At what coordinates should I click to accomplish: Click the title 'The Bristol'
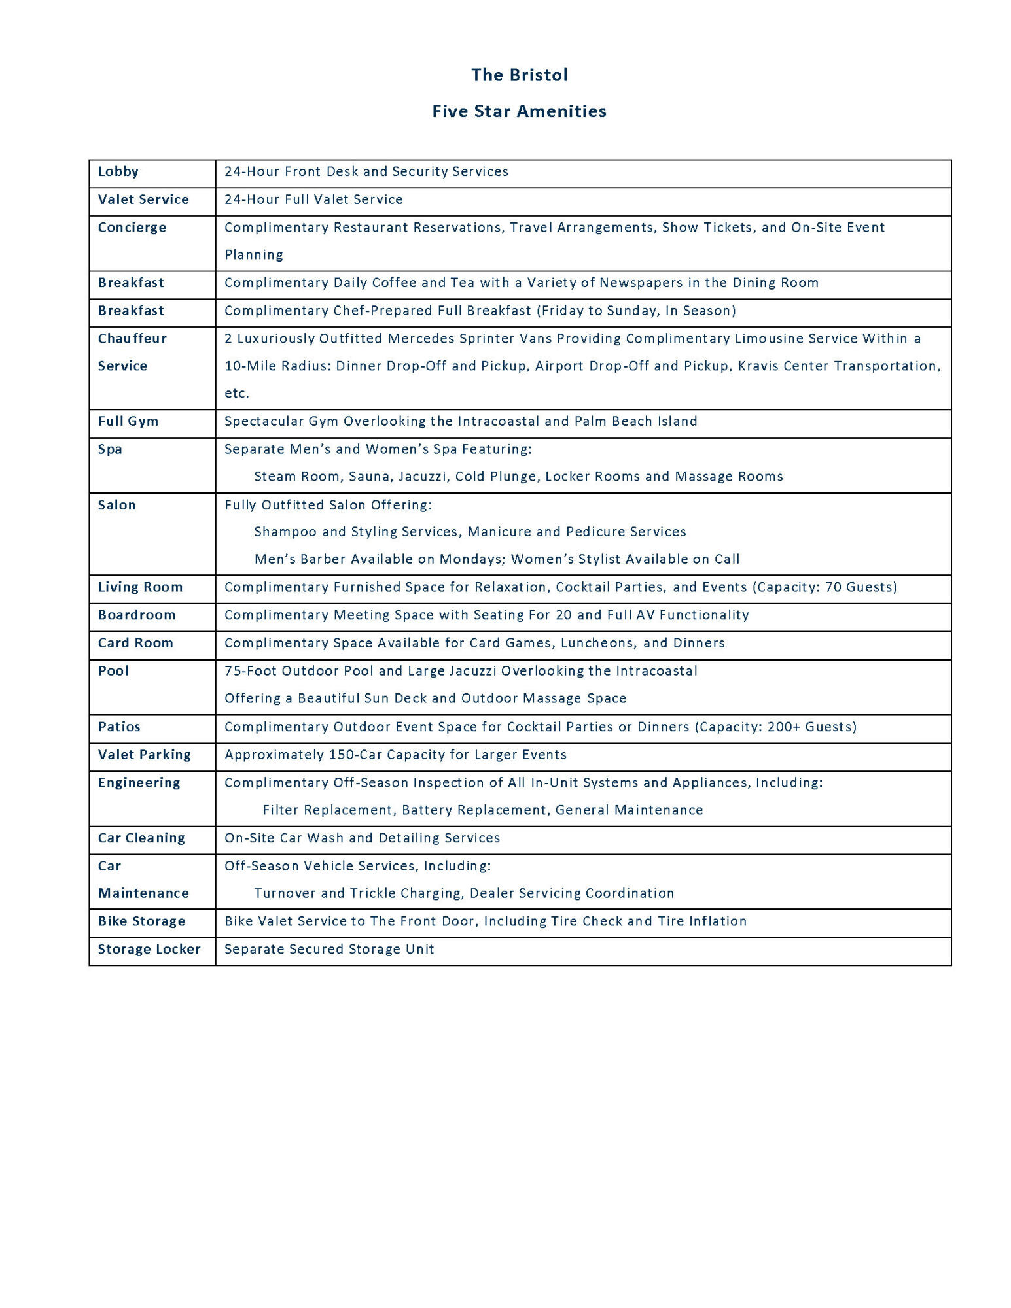coord(519,75)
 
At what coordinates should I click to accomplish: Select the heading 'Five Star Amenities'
coord(519,112)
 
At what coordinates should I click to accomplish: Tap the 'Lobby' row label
coord(118,171)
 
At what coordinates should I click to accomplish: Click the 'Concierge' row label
coord(132,228)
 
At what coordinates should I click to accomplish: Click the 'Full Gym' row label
coord(128,421)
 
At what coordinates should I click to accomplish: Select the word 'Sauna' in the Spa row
coord(369,477)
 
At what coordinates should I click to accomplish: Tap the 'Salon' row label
coord(117,505)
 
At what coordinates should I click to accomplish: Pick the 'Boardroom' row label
coord(137,615)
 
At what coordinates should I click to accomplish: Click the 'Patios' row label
coord(119,727)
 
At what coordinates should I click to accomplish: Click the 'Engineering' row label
coord(139,783)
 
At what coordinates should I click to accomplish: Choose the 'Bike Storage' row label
coord(142,921)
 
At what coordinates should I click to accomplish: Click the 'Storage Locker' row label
coord(149,950)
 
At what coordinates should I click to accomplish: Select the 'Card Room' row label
coord(135,644)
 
